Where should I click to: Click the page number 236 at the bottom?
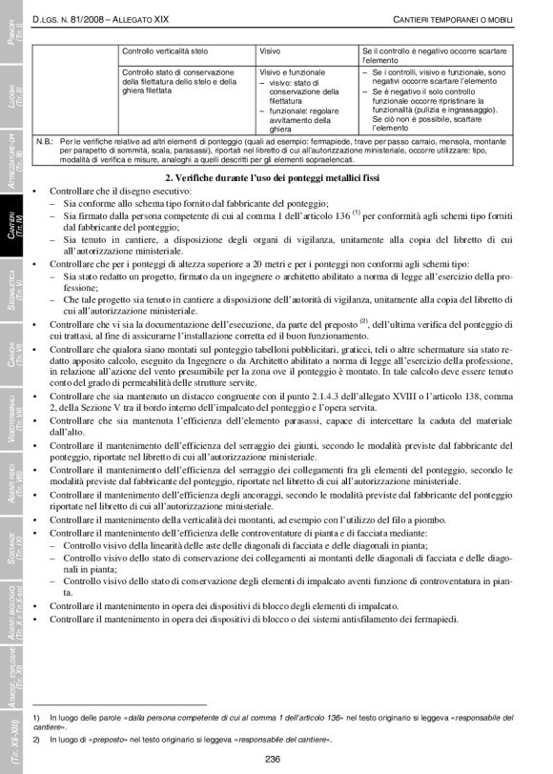[273, 759]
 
